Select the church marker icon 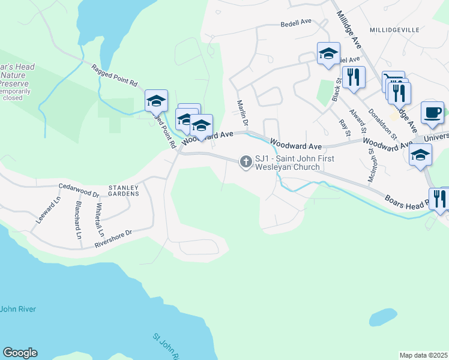point(246,161)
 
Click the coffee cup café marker point(432,112)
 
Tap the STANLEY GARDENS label point(124,191)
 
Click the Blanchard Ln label point(78,220)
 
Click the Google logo point(20,353)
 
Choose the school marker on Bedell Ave point(328,53)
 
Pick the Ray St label point(343,128)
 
